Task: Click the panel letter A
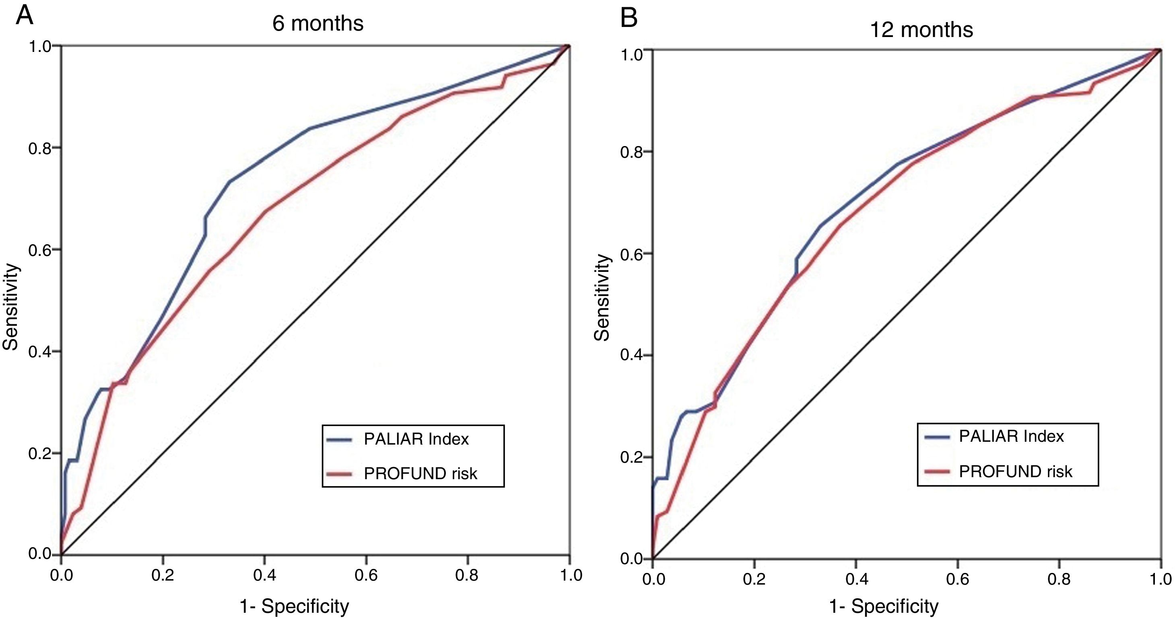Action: [x=24, y=16]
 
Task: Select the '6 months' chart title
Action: [x=318, y=23]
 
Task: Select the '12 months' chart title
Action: [x=921, y=30]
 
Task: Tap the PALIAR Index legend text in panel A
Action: [x=416, y=439]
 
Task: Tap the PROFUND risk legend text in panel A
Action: [x=420, y=474]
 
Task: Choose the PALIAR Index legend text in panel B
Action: [x=1011, y=436]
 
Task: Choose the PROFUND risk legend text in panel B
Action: [x=1015, y=471]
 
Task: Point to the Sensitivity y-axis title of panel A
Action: [x=10, y=307]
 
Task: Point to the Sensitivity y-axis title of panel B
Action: [x=602, y=297]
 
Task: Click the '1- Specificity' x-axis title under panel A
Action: [x=295, y=606]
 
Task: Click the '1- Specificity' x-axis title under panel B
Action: [x=884, y=606]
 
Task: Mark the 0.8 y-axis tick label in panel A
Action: [x=40, y=148]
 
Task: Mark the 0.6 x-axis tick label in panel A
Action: [x=366, y=576]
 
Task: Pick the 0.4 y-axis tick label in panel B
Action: [x=632, y=355]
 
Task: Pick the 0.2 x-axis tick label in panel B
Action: [x=754, y=579]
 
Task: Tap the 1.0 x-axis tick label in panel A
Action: [x=569, y=576]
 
